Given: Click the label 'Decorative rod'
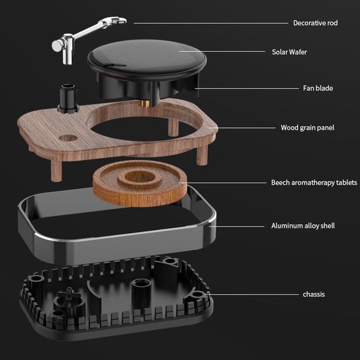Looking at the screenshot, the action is pos(315,23).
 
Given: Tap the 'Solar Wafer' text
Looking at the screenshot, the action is pos(289,52).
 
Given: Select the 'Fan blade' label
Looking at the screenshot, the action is pos(318,88).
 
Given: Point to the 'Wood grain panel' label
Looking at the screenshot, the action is pos(307,128).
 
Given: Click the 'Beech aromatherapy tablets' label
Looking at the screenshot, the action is pos(314,183).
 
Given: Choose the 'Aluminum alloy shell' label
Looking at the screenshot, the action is pos(303,226).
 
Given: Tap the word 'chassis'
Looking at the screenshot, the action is pos(314,294).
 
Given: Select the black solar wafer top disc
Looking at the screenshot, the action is pos(147,58).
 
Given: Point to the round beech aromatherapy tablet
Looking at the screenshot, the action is pos(140,183).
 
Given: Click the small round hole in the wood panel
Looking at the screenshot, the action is pos(68,138).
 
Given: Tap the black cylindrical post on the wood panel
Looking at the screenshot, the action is pos(68,98).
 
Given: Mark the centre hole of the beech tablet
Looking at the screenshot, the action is pos(139,177).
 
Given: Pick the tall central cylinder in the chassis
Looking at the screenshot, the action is pos(141,292).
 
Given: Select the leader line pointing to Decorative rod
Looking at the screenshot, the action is pos(211,23).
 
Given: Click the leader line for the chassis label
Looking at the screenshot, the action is pos(252,295).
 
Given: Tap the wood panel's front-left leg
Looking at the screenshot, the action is pos(57,171).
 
